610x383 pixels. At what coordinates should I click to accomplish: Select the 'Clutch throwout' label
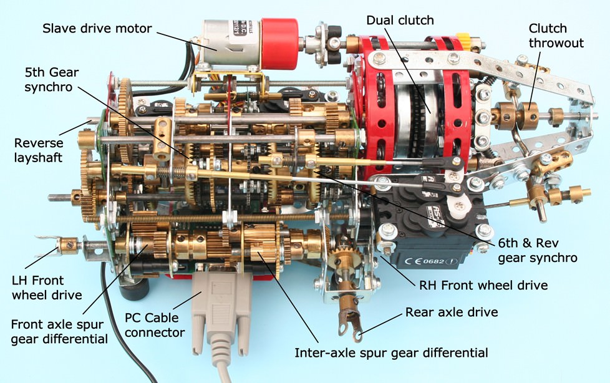556,36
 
